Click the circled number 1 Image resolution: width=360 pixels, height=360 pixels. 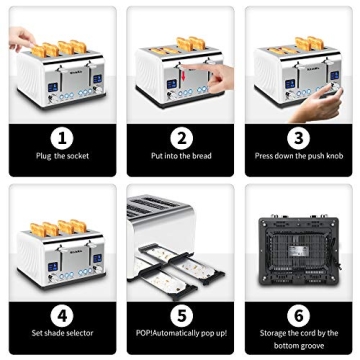[x=62, y=138]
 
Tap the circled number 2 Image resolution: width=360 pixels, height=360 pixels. [x=181, y=138]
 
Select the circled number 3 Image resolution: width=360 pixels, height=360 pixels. [x=299, y=138]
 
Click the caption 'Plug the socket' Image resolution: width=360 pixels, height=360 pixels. [x=62, y=157]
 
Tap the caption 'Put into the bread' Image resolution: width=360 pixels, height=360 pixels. [x=181, y=157]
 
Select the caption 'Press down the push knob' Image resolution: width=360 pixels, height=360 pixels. [x=299, y=157]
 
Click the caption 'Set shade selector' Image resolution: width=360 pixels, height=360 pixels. [x=62, y=333]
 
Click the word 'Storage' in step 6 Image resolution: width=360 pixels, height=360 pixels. [x=275, y=333]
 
